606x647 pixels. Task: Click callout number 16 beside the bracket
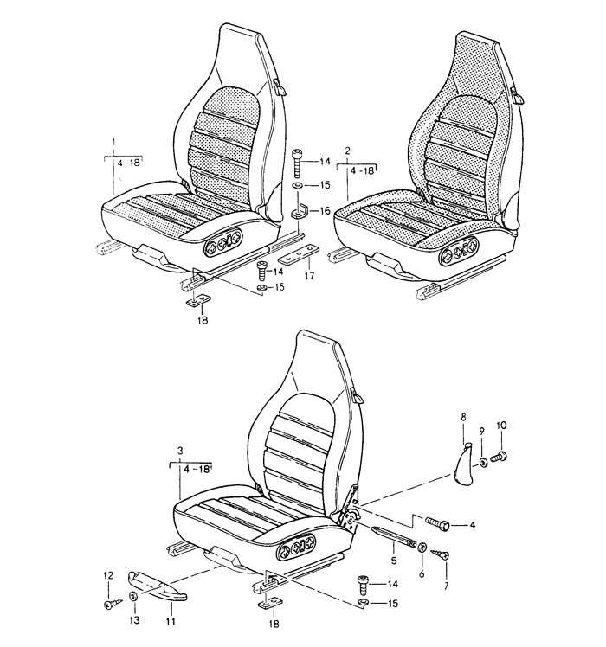(326, 211)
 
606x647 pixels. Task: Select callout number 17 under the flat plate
(309, 276)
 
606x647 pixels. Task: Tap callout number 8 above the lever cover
(463, 416)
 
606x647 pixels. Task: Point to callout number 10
(501, 426)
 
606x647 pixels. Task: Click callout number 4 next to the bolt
(473, 525)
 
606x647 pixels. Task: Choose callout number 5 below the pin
(394, 561)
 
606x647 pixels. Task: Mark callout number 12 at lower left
(108, 575)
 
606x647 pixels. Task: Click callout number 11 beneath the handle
(171, 621)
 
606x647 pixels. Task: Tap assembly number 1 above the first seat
(114, 143)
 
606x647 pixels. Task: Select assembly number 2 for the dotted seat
(347, 151)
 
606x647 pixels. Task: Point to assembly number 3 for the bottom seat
(180, 452)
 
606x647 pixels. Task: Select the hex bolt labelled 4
(437, 522)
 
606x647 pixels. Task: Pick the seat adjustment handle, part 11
(157, 585)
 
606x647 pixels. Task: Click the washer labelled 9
(483, 462)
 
